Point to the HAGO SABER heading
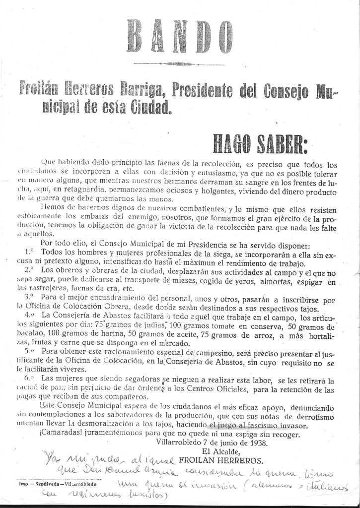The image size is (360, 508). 260,143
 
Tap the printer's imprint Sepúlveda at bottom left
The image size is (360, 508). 42,482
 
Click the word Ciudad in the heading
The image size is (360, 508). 149,108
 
